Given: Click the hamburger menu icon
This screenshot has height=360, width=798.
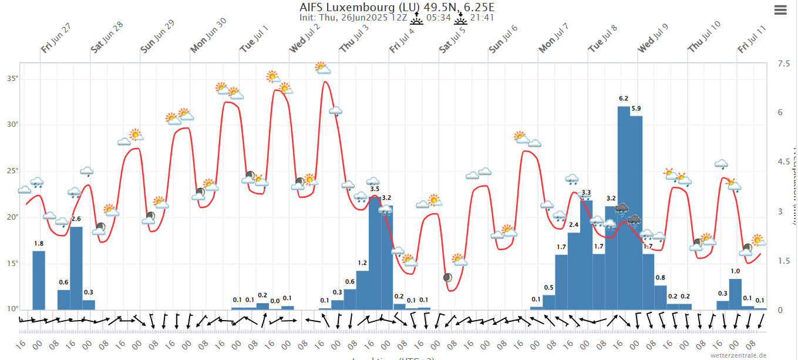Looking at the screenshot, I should (x=780, y=10).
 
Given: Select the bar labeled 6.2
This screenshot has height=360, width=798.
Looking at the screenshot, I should (x=624, y=206).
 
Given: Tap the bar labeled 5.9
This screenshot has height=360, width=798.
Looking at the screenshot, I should (x=636, y=211).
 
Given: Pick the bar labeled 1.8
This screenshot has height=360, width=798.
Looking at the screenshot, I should (x=39, y=280).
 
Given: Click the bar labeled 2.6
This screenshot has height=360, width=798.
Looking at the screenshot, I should (x=76, y=267).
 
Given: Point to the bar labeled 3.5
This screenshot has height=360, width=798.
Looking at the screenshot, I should (x=375, y=253).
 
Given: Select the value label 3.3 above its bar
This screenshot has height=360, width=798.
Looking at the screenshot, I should (x=586, y=193).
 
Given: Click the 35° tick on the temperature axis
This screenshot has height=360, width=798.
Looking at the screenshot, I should (x=12, y=78).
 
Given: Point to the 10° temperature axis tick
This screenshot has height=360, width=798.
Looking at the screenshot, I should (x=12, y=309).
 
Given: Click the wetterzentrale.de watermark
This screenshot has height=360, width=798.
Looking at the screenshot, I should (x=739, y=355).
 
